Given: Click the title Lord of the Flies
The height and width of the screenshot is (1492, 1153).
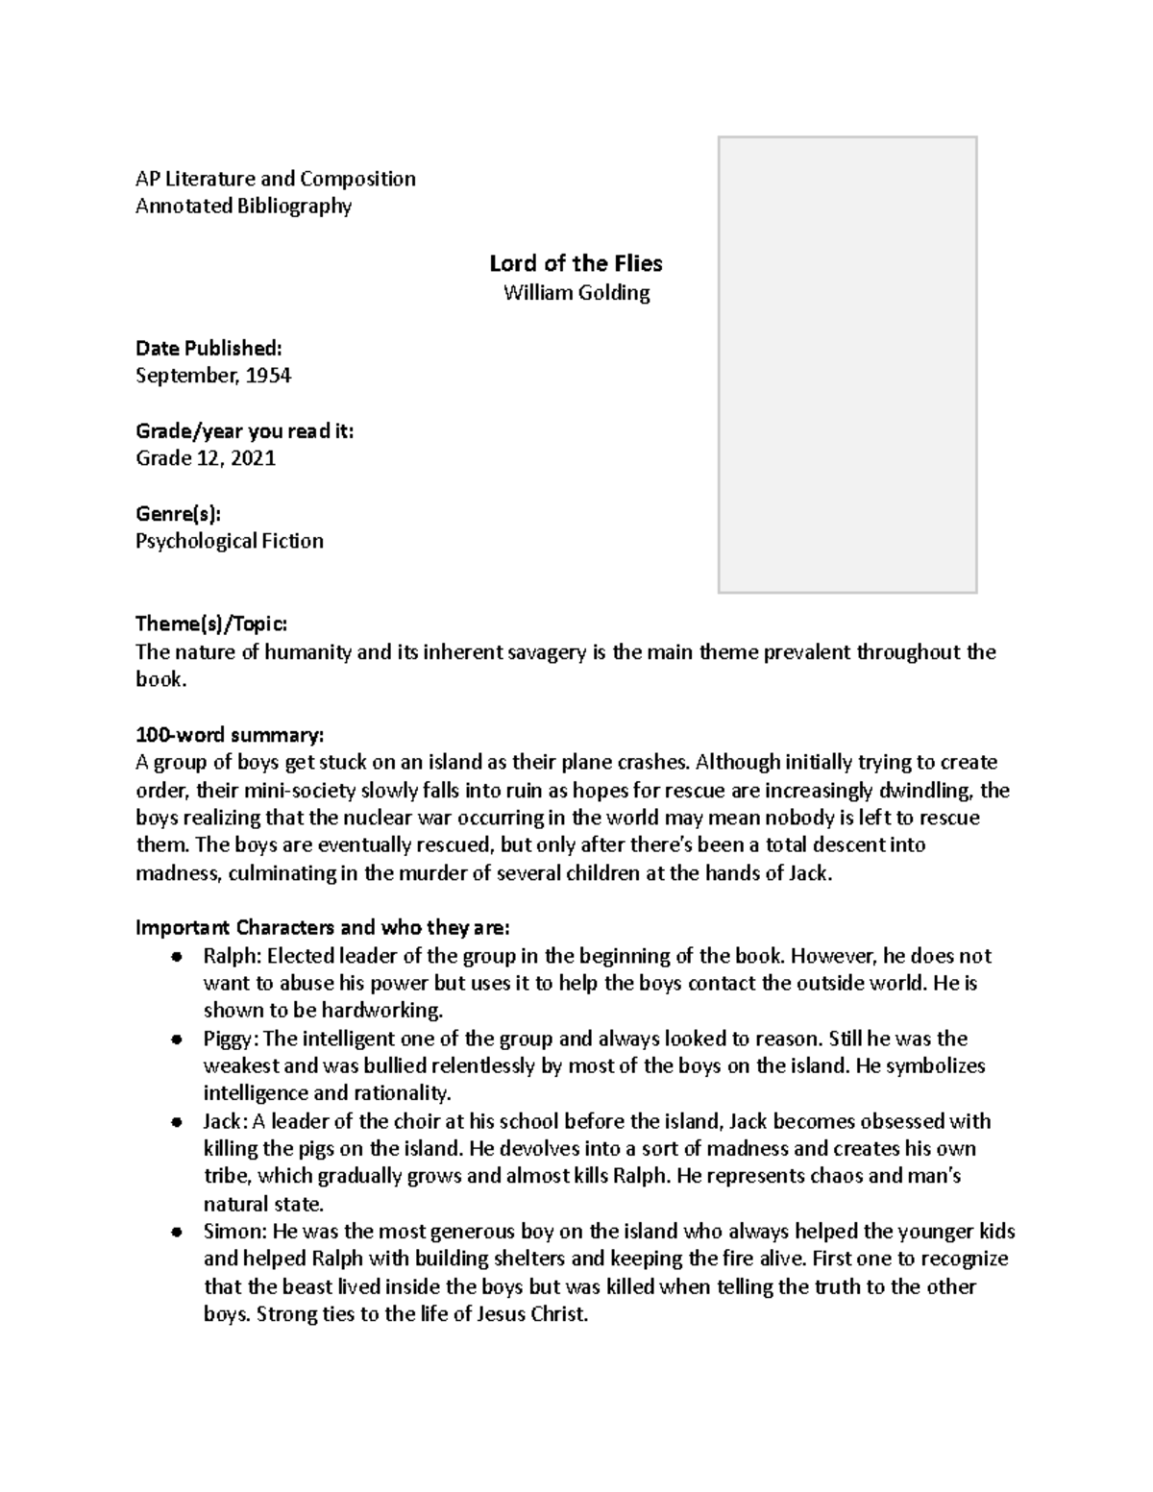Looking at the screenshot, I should point(576,263).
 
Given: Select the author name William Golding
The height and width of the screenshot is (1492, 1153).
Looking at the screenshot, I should point(576,293).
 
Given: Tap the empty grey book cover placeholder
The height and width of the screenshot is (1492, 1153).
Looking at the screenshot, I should point(847,364).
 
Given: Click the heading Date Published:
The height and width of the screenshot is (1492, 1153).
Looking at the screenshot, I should point(209,348).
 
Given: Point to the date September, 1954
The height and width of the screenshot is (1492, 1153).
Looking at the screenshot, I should point(213,376).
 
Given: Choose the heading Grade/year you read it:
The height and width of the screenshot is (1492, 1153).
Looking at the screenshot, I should point(244,431).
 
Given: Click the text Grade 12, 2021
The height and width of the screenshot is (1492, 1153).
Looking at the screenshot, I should point(206,458).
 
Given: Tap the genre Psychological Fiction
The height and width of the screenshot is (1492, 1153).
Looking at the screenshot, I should point(229,541).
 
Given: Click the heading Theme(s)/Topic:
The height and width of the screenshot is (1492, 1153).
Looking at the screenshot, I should point(210,624).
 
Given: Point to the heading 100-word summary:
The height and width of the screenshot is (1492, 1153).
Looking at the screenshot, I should point(230,735).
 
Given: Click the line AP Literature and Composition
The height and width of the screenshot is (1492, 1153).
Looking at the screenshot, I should point(276,179).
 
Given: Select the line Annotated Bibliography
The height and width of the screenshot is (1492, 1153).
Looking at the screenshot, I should point(244,206).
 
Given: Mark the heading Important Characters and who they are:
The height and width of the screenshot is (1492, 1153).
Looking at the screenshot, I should point(323,928).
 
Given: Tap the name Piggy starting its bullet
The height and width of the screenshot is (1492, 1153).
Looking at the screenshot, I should point(229,1039).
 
